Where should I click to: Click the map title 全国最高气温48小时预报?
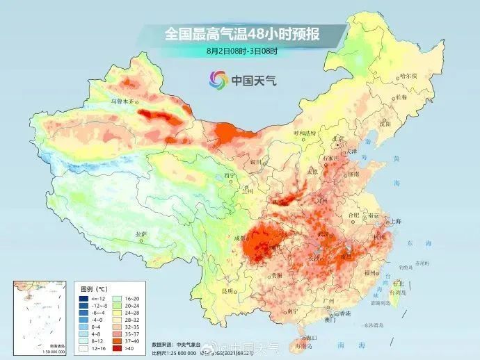[x=241, y=33]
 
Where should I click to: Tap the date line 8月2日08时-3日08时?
[x=241, y=51]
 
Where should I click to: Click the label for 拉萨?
[x=142, y=234]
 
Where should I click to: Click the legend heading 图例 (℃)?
[x=93, y=287]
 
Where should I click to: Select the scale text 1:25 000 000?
[x=184, y=352]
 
